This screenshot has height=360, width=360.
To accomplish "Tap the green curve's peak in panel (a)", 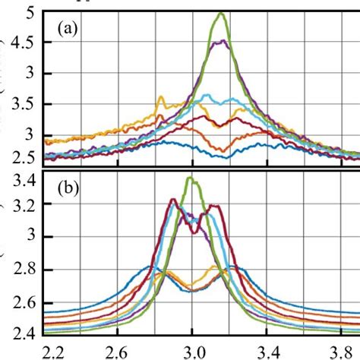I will pos(221,13).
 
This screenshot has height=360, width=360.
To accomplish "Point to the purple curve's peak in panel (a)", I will pos(220,42).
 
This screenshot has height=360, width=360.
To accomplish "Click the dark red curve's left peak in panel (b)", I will pos(173,200).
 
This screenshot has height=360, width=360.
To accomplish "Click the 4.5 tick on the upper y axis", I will pos(24,43).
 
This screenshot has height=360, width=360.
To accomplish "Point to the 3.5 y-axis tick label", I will pos(24,105).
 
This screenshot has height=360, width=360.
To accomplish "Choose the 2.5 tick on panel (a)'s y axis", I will pos(24,157).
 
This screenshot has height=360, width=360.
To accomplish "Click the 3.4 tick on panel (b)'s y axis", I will pos(24,180).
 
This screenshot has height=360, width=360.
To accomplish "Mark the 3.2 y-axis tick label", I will pos(24,205).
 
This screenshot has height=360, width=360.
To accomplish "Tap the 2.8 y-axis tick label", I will pos(24,270).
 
